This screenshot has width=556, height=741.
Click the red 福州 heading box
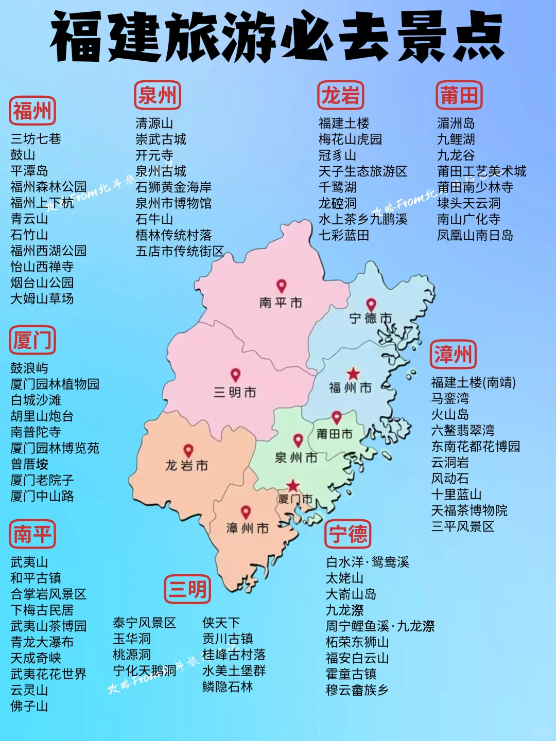pos(32,111)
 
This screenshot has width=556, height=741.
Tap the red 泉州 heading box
pos(157,95)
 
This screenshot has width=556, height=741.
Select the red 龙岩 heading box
pos(340,95)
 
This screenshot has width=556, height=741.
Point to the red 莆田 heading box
pos(459,95)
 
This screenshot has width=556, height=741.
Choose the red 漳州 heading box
pos(453,354)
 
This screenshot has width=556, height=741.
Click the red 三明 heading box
pos(187,589)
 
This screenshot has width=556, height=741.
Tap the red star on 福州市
pos(353,374)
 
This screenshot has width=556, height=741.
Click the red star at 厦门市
pos(293,485)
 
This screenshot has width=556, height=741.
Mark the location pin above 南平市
pos(281,286)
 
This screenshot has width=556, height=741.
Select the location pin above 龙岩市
pos(188,451)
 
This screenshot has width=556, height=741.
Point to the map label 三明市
pos(235,393)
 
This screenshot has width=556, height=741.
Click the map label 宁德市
pos(370,319)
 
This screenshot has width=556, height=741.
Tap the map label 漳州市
pos(247,528)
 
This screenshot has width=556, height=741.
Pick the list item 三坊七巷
pos(36,139)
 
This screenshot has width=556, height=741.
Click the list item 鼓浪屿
pos(29,368)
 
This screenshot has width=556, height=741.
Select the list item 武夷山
pos(29,562)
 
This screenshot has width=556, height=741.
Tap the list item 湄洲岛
pos(456,123)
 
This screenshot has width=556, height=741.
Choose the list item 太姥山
pos(344,578)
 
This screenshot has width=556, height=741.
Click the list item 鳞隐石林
pos(228,686)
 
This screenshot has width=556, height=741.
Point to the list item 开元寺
pos(154,155)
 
